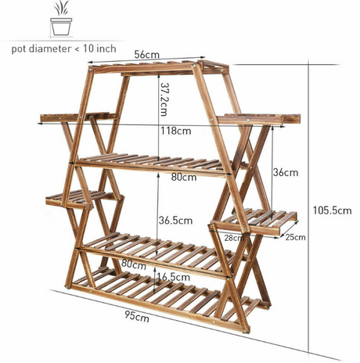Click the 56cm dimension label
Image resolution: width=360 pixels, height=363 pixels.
click(146, 55)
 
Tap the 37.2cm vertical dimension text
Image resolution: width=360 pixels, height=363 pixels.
click(164, 99)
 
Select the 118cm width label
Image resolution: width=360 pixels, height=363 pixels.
click(176, 131)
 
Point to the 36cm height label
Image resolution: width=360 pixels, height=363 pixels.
click(286, 172)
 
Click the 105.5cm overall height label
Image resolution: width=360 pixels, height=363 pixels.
click(333, 210)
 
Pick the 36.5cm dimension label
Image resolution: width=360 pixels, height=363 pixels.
click(175, 221)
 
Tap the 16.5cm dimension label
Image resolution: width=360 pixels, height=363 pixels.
click(173, 277)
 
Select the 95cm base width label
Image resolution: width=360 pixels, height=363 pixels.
click(137, 316)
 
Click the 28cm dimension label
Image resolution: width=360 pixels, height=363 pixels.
click(234, 238)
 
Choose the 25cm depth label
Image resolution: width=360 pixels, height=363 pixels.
click(295, 237)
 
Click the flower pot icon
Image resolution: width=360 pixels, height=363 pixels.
click(61, 27)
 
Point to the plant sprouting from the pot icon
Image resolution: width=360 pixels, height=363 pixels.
click(62, 8)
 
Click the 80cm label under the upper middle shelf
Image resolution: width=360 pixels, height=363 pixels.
click(184, 178)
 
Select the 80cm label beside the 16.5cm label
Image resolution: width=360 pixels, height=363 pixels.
click(134, 264)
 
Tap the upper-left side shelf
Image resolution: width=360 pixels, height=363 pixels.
click(78, 117)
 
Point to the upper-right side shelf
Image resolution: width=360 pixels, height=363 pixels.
click(259, 119)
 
